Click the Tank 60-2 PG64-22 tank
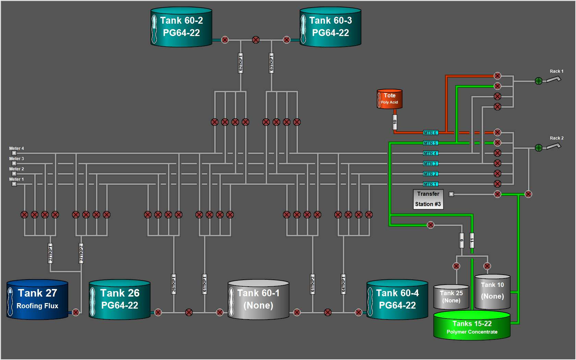tap(181, 27)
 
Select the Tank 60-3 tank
tap(331, 27)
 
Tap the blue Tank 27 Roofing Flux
tap(37, 299)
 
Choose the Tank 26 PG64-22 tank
tap(120, 299)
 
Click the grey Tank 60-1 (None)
tap(259, 299)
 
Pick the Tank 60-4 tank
tap(397, 299)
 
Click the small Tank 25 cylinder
tap(451, 297)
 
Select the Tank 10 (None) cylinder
tap(492, 291)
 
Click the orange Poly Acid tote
tap(389, 99)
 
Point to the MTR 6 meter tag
tap(430, 133)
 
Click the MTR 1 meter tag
tap(430, 184)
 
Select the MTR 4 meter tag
tap(430, 153)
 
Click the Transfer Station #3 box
tap(428, 199)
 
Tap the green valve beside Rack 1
tap(539, 81)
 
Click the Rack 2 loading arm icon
tap(553, 146)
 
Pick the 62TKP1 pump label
tap(240, 63)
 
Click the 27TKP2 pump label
tap(81, 253)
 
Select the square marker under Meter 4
tap(14, 153)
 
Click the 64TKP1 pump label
tap(343, 284)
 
